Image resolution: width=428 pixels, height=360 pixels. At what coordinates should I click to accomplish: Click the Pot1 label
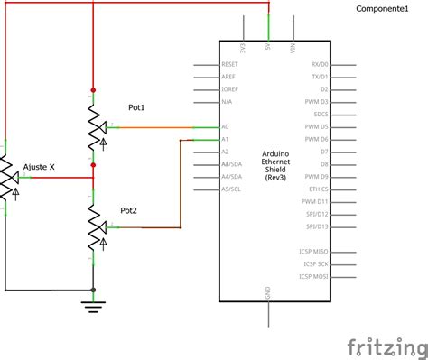point(136,107)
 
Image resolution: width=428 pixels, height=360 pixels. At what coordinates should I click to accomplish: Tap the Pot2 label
point(129,210)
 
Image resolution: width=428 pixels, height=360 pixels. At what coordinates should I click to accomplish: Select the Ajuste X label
point(40,167)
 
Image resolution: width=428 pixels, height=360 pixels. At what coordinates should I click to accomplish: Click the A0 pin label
point(225,127)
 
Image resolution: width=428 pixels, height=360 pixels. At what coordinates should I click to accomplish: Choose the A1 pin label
point(225,140)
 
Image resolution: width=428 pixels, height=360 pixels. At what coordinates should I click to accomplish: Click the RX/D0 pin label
point(320,65)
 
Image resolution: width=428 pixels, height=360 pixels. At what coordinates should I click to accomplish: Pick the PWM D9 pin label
point(317,177)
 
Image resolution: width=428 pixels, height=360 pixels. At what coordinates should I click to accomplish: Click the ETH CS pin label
point(319,189)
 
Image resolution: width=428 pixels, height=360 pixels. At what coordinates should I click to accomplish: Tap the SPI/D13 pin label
point(317,226)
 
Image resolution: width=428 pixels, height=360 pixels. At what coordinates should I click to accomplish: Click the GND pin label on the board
point(268,291)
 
